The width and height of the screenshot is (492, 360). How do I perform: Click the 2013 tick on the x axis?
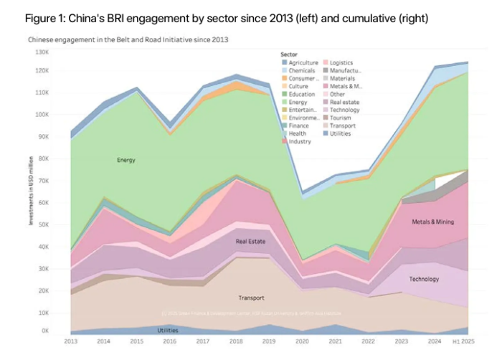tap(71, 341)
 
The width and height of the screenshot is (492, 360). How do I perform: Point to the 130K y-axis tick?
tap(41, 52)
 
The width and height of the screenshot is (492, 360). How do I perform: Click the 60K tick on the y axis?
tap(43, 203)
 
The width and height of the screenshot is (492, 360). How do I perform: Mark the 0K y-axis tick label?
tap(44, 331)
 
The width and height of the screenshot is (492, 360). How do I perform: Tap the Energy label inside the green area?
tap(126, 160)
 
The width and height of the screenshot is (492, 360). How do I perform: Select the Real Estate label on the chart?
tap(250, 242)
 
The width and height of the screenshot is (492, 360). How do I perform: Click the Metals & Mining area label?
tap(433, 222)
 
